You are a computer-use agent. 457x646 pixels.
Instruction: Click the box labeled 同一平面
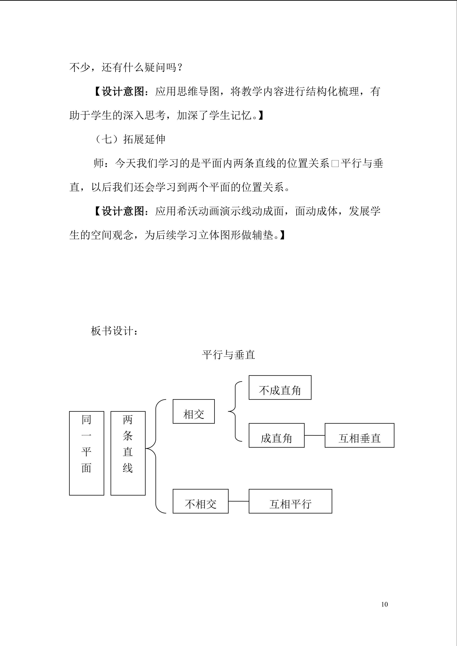click(86, 453)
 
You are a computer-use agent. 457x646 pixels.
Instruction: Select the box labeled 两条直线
click(128, 453)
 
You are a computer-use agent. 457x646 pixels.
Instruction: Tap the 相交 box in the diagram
click(194, 411)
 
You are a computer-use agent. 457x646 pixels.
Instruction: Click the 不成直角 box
click(280, 387)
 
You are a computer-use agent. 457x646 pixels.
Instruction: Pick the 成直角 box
click(276, 435)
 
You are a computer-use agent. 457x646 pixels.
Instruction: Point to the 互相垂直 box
click(359, 435)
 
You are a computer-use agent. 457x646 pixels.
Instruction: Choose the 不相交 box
click(200, 501)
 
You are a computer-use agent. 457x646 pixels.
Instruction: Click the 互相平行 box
click(290, 501)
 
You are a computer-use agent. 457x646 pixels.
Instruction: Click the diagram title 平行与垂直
click(228, 355)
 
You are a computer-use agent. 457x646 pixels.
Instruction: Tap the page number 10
click(384, 604)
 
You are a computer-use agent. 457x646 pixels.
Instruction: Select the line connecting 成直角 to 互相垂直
click(315, 436)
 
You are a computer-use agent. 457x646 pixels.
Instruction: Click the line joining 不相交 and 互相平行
click(238, 501)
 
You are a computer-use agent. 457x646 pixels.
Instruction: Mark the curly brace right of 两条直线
click(156, 456)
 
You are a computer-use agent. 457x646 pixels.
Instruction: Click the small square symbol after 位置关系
click(335, 164)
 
